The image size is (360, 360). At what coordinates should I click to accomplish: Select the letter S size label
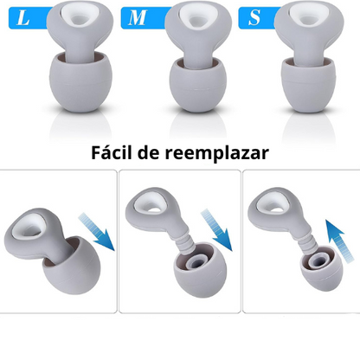(254, 16)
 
